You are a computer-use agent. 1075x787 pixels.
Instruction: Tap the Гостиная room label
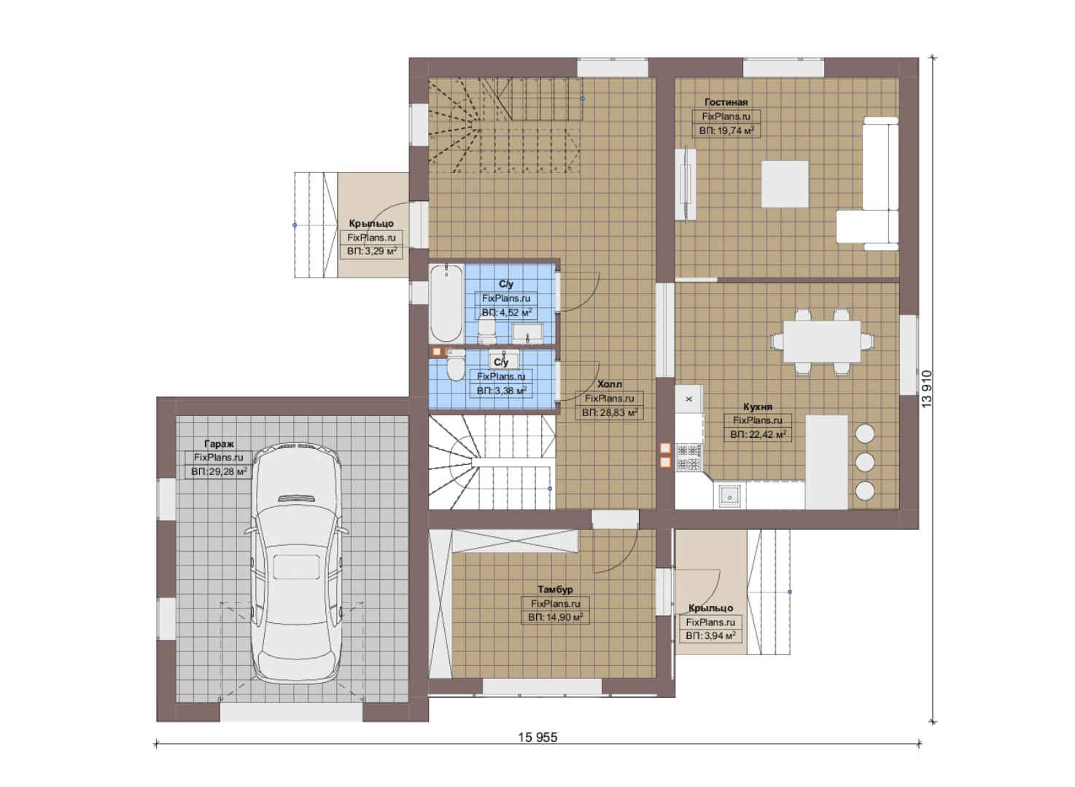[726, 102]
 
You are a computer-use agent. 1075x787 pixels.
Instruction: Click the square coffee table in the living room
[785, 184]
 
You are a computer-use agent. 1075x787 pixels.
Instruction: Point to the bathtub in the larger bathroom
[446, 302]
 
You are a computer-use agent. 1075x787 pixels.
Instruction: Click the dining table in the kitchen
[822, 342]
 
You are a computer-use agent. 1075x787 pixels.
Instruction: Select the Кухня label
[758, 407]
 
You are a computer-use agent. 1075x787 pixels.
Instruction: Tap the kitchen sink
[729, 497]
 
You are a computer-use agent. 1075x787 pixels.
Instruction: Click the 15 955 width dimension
[537, 737]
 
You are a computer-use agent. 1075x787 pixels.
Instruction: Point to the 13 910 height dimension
[926, 389]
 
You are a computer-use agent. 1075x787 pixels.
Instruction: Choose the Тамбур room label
[555, 589]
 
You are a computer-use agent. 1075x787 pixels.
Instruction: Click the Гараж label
[219, 444]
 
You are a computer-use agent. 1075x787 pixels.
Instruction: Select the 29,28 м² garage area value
[220, 472]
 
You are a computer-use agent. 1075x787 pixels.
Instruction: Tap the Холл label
[610, 384]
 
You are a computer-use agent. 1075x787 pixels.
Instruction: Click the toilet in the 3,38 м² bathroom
[455, 367]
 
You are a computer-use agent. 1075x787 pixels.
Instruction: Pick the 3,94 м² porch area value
[711, 636]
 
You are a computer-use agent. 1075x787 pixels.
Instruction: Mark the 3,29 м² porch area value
[372, 251]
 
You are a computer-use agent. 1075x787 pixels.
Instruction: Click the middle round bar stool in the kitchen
[865, 462]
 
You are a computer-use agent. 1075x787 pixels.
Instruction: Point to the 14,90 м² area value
[556, 617]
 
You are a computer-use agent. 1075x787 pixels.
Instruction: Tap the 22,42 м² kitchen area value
[758, 435]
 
